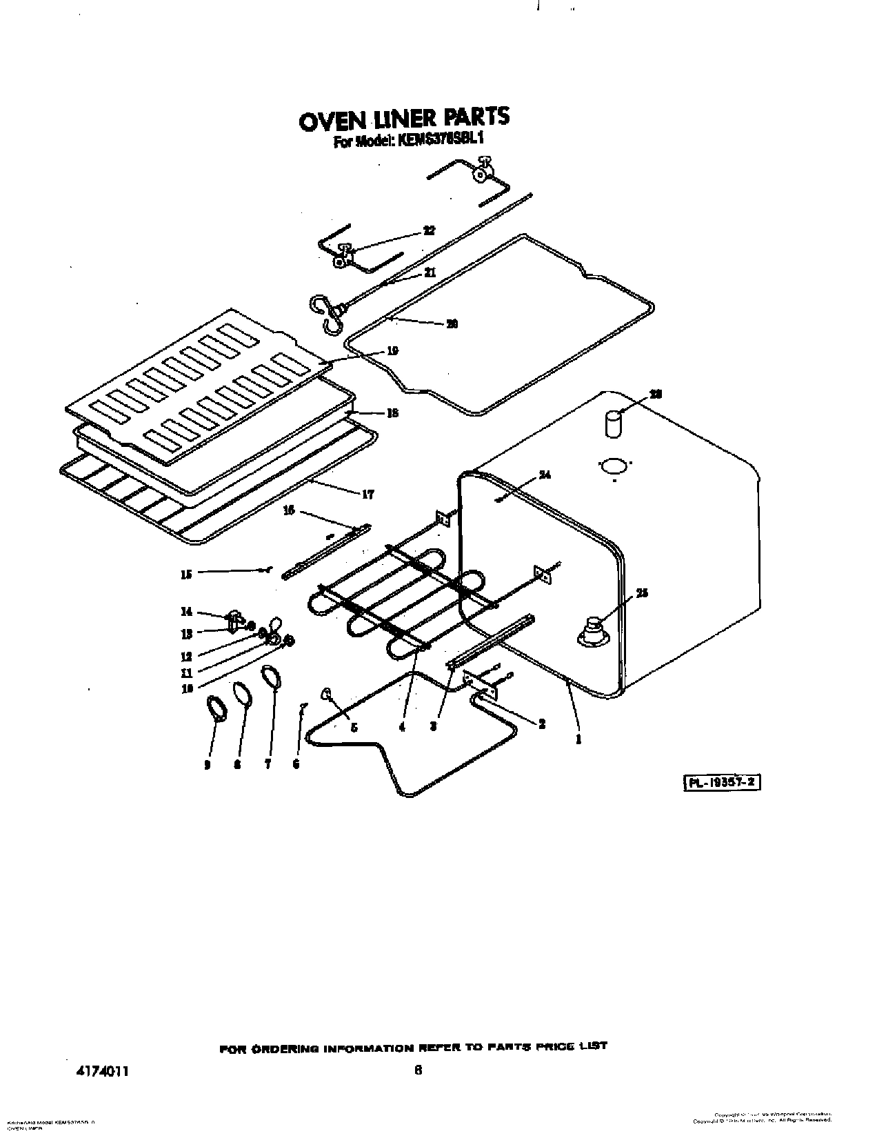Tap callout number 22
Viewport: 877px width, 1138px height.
tap(429, 231)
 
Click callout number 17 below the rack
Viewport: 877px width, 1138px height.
tap(367, 494)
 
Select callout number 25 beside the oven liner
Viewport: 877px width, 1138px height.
tap(641, 593)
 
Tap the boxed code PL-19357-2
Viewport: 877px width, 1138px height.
tap(721, 783)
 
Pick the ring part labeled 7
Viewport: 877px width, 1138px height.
tap(272, 677)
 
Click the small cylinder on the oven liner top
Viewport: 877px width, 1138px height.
tap(613, 423)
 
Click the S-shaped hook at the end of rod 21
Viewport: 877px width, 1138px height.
tap(326, 315)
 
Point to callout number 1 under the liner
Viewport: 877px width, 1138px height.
tap(578, 739)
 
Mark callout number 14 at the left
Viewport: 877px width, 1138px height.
tap(185, 612)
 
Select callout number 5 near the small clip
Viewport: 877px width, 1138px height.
tap(354, 727)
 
